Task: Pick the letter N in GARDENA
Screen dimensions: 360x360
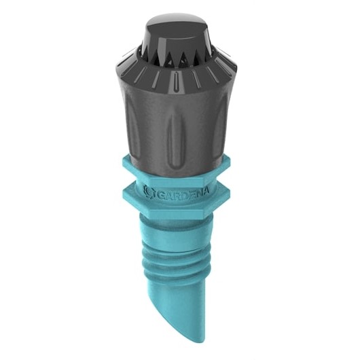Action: pos(199,190)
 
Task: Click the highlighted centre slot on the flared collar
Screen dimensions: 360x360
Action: pos(176,82)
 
